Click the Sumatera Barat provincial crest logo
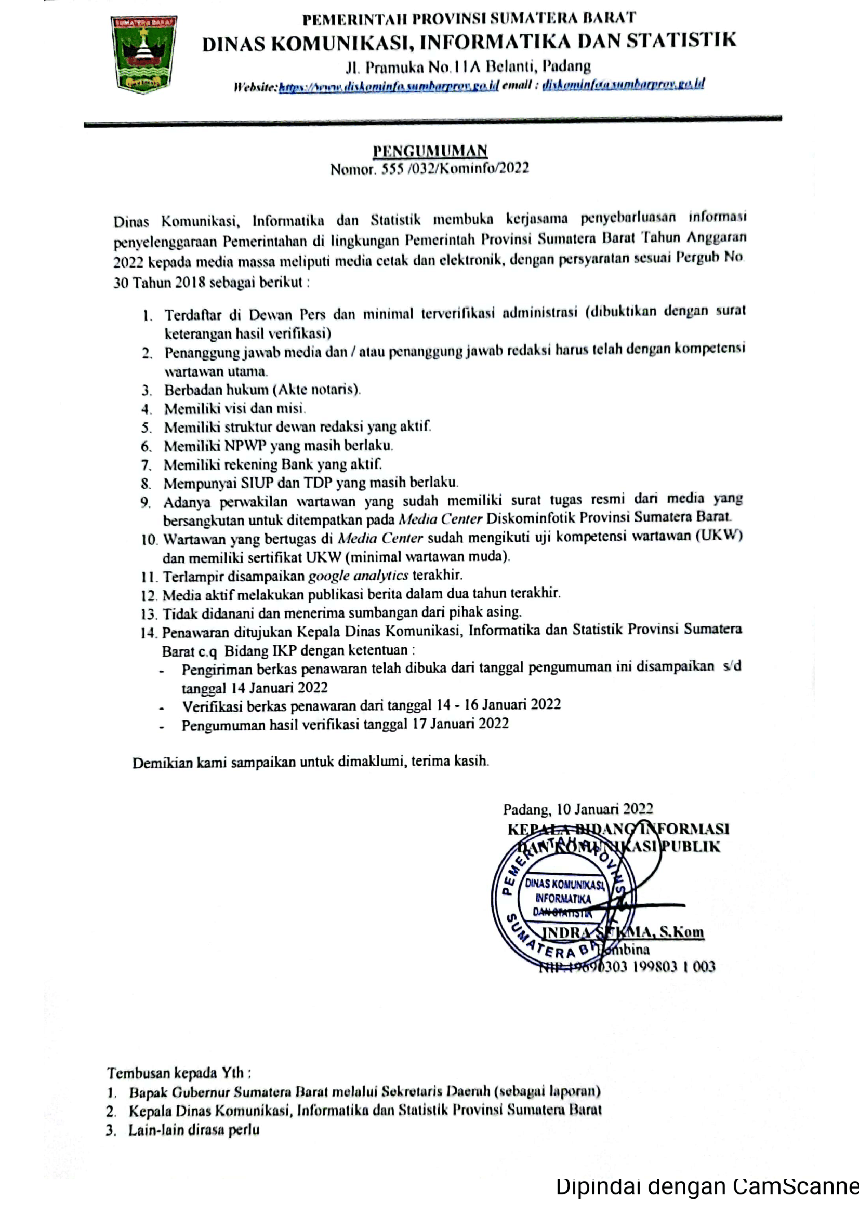[143, 54]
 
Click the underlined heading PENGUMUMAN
[429, 151]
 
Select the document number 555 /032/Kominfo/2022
[455, 168]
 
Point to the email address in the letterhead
[623, 84]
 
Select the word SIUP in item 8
[257, 483]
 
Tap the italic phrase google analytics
[358, 575]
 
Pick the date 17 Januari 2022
[460, 724]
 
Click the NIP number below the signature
[627, 966]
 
